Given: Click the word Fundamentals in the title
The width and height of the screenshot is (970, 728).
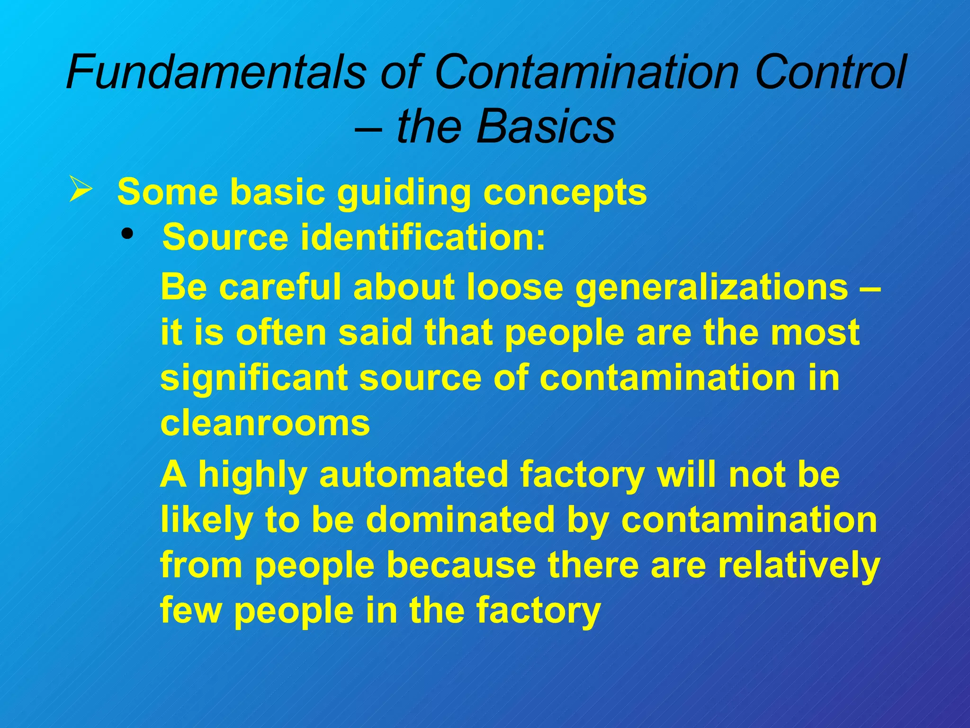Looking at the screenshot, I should (216, 72).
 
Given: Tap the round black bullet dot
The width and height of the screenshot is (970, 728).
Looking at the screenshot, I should (127, 234).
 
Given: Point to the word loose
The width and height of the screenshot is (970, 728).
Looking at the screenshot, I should (515, 287).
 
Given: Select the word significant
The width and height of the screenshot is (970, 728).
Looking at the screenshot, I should (253, 378).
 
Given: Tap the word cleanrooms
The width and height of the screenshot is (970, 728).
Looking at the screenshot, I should (265, 423).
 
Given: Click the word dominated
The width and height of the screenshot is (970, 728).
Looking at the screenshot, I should (459, 519).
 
